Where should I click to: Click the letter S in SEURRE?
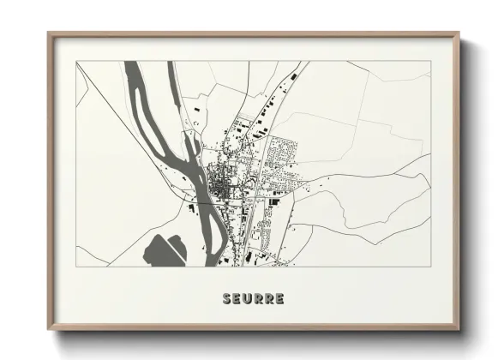227,299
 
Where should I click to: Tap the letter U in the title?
247,299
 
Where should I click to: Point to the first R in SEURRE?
257,299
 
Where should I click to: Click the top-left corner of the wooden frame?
49,34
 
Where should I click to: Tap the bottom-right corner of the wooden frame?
459,329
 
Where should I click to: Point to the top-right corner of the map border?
430,61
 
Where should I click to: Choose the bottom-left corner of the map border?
76,267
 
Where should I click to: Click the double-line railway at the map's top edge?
303,63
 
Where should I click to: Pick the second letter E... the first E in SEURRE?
237,299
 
